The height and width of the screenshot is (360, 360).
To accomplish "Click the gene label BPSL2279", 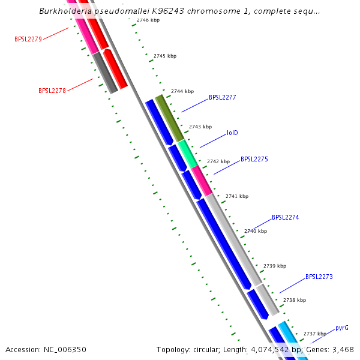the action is point(28,40).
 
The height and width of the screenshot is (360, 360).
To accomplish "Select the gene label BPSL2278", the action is point(52,91).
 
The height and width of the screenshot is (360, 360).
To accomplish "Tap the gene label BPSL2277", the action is point(222,97).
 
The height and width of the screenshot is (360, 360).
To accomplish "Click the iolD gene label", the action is point(232,133).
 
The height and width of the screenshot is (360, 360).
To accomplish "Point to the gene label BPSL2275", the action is point(254,160).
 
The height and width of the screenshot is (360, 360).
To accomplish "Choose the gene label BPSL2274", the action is point(285,218).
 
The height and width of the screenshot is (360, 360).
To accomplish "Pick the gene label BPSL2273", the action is point(319,277).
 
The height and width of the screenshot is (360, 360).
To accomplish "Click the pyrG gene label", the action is point(341,328).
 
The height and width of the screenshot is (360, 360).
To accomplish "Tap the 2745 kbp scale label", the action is point(165,56).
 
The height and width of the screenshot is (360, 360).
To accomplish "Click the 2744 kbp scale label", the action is point(182,92).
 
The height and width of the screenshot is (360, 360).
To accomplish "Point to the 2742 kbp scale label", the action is point(218,162).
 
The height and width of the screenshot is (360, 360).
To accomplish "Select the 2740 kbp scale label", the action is point(255,231).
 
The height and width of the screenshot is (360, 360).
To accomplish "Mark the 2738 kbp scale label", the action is point(294,300).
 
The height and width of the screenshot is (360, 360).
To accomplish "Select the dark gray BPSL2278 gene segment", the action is point(105,73).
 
